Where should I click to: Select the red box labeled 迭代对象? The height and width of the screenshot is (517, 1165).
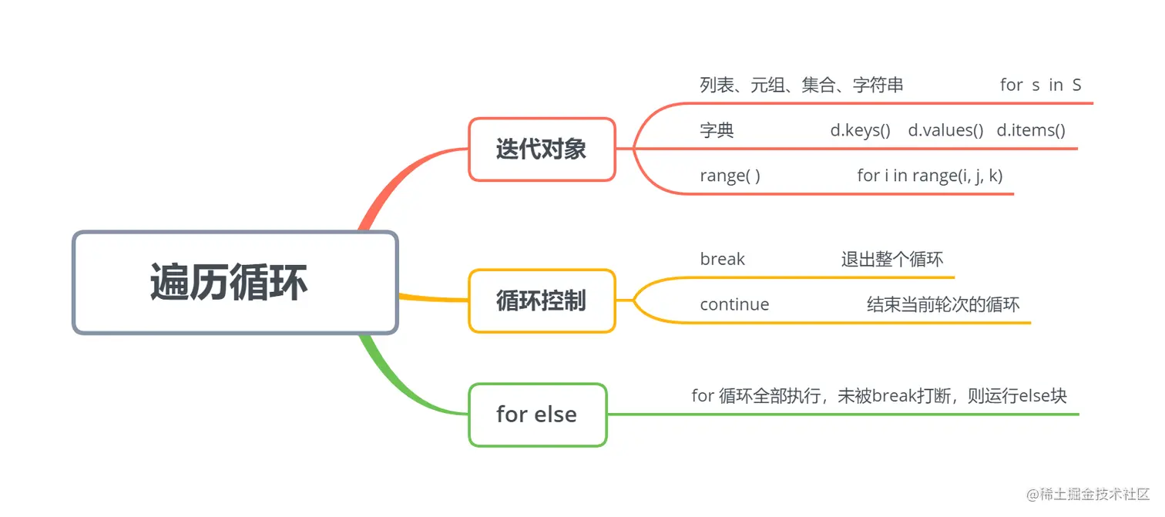point(542,149)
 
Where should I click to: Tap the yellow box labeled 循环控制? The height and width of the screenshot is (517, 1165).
point(542,300)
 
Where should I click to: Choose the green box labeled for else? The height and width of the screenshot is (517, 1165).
point(537,415)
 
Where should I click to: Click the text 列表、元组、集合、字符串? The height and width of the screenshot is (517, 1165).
point(801,85)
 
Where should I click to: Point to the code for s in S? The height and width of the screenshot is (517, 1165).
point(1040,85)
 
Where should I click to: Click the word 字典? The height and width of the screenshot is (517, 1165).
point(717,130)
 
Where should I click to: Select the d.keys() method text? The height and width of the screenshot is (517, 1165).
point(860,130)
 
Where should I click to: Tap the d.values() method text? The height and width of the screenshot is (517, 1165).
point(945,130)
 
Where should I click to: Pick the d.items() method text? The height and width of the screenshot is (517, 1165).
point(1031,130)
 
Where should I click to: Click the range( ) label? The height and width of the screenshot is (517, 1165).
point(730,176)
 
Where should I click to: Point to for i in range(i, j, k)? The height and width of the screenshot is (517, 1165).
point(929,176)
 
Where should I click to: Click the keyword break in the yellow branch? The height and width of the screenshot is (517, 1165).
point(722,259)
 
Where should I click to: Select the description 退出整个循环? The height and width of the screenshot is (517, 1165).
point(891,259)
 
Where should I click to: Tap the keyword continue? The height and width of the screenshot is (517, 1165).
point(734,304)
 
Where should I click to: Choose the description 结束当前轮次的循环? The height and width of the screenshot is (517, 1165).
point(943,304)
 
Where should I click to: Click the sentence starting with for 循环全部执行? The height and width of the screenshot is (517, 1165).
point(879,396)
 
